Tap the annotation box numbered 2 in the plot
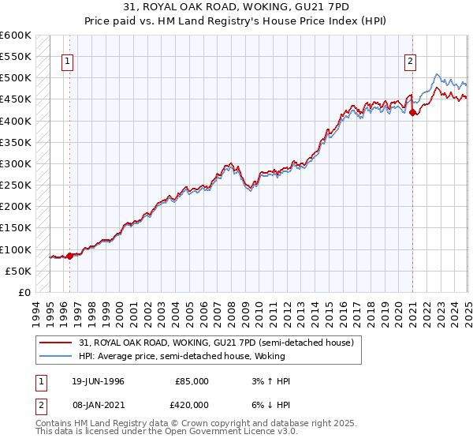411,61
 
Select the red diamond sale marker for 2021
413,112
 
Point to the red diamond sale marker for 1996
69,256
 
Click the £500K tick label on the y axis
16,78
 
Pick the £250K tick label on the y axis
16,185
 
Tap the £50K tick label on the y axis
19,271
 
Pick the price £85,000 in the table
191,380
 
